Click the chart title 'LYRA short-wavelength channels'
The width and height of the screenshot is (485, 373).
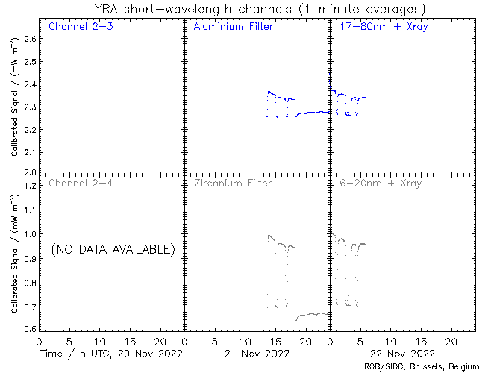click(190, 9)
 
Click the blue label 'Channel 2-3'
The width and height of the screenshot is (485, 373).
click(81, 26)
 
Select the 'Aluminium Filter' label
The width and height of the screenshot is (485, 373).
click(234, 26)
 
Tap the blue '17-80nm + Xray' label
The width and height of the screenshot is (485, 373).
click(384, 27)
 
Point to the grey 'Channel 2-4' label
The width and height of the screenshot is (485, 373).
click(81, 183)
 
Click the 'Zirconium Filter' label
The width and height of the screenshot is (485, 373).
click(233, 183)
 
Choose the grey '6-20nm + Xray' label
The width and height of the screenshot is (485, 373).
click(381, 184)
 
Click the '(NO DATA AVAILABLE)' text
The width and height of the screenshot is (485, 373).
click(113, 249)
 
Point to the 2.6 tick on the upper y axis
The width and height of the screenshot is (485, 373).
click(30, 39)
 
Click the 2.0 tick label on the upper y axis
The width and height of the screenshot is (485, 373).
click(30, 172)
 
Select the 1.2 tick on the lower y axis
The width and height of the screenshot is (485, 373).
click(30, 186)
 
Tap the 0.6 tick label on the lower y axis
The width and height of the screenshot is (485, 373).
click(30, 328)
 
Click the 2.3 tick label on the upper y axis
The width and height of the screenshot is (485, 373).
click(30, 107)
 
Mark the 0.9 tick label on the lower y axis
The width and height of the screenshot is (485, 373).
click(30, 259)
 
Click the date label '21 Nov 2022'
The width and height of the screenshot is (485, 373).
click(257, 354)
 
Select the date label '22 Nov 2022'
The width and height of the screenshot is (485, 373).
click(402, 354)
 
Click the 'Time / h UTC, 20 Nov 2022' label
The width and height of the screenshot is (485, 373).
click(112, 354)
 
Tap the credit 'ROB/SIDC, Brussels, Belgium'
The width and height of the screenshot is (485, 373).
click(422, 367)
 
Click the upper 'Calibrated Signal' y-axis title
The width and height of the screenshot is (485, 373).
click(14, 97)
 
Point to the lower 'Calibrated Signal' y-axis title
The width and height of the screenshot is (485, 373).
click(14, 254)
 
